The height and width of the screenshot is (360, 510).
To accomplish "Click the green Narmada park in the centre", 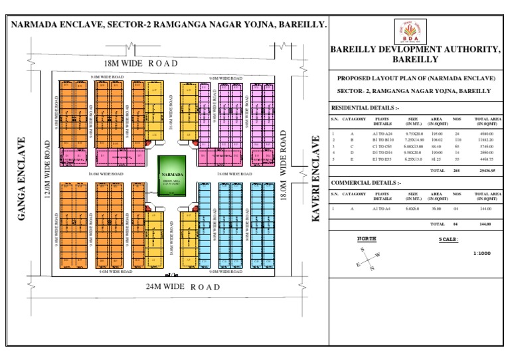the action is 172,176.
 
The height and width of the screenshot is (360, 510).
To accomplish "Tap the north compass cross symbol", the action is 367,257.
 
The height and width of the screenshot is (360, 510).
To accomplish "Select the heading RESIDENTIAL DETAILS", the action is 365,107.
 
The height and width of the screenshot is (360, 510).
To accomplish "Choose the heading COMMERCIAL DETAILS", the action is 365,182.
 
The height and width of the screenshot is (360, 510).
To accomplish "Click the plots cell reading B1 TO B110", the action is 383,140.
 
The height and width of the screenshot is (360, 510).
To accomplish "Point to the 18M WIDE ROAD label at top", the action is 141,63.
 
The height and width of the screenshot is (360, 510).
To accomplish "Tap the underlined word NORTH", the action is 367,238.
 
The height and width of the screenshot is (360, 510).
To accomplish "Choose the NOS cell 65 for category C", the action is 457,146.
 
